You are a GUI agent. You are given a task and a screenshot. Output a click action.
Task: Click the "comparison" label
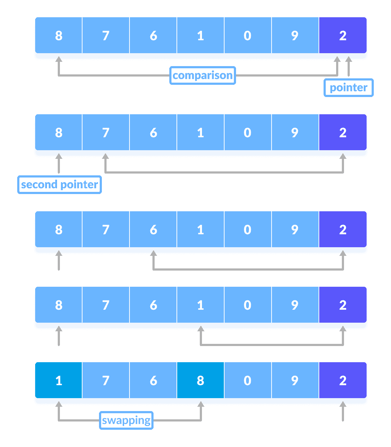coord(202,75)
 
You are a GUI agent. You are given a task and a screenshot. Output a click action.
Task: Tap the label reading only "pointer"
coord(348,88)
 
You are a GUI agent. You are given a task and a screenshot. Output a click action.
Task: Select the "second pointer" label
coord(60,185)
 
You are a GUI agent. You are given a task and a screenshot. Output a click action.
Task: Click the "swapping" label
coord(126,420)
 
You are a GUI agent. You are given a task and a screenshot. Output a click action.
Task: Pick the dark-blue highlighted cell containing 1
coord(59,380)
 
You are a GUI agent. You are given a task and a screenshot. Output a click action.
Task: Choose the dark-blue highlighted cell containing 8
coord(201,380)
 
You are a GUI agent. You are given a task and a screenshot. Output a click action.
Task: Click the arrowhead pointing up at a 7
coord(105,157)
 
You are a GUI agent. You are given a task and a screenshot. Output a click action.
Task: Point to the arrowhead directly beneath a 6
coord(154,254)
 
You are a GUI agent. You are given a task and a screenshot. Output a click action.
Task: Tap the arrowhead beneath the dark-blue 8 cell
coord(201,405)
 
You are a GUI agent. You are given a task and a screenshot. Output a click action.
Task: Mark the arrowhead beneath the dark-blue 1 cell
coord(59,405)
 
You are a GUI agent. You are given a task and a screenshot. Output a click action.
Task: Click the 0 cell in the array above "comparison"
coord(248,35)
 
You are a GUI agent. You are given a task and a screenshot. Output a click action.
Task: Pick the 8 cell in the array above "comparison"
coord(59,35)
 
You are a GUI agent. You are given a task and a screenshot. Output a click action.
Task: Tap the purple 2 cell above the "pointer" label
coord(343,35)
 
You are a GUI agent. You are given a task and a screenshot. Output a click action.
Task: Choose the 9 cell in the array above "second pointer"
coord(295,132)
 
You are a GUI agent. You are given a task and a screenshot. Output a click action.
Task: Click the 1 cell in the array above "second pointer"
coord(201,132)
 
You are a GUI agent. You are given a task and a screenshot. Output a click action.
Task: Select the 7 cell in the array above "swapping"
coord(106,380)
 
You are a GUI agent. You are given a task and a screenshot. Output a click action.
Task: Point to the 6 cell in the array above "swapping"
coord(154,380)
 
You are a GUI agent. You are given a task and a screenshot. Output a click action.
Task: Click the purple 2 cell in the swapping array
coord(343,380)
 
